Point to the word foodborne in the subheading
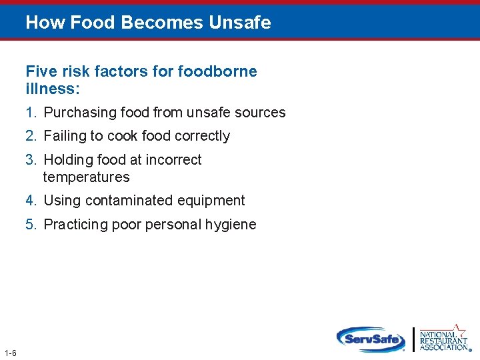(222, 71)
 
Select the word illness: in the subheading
(53, 89)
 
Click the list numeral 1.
(31, 113)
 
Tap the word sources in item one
(261, 113)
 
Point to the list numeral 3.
(31, 160)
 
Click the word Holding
(69, 160)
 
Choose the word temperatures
(86, 177)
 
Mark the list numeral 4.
(31, 201)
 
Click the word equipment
(212, 201)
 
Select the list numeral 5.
(31, 225)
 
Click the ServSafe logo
(370, 339)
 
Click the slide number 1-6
(10, 353)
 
